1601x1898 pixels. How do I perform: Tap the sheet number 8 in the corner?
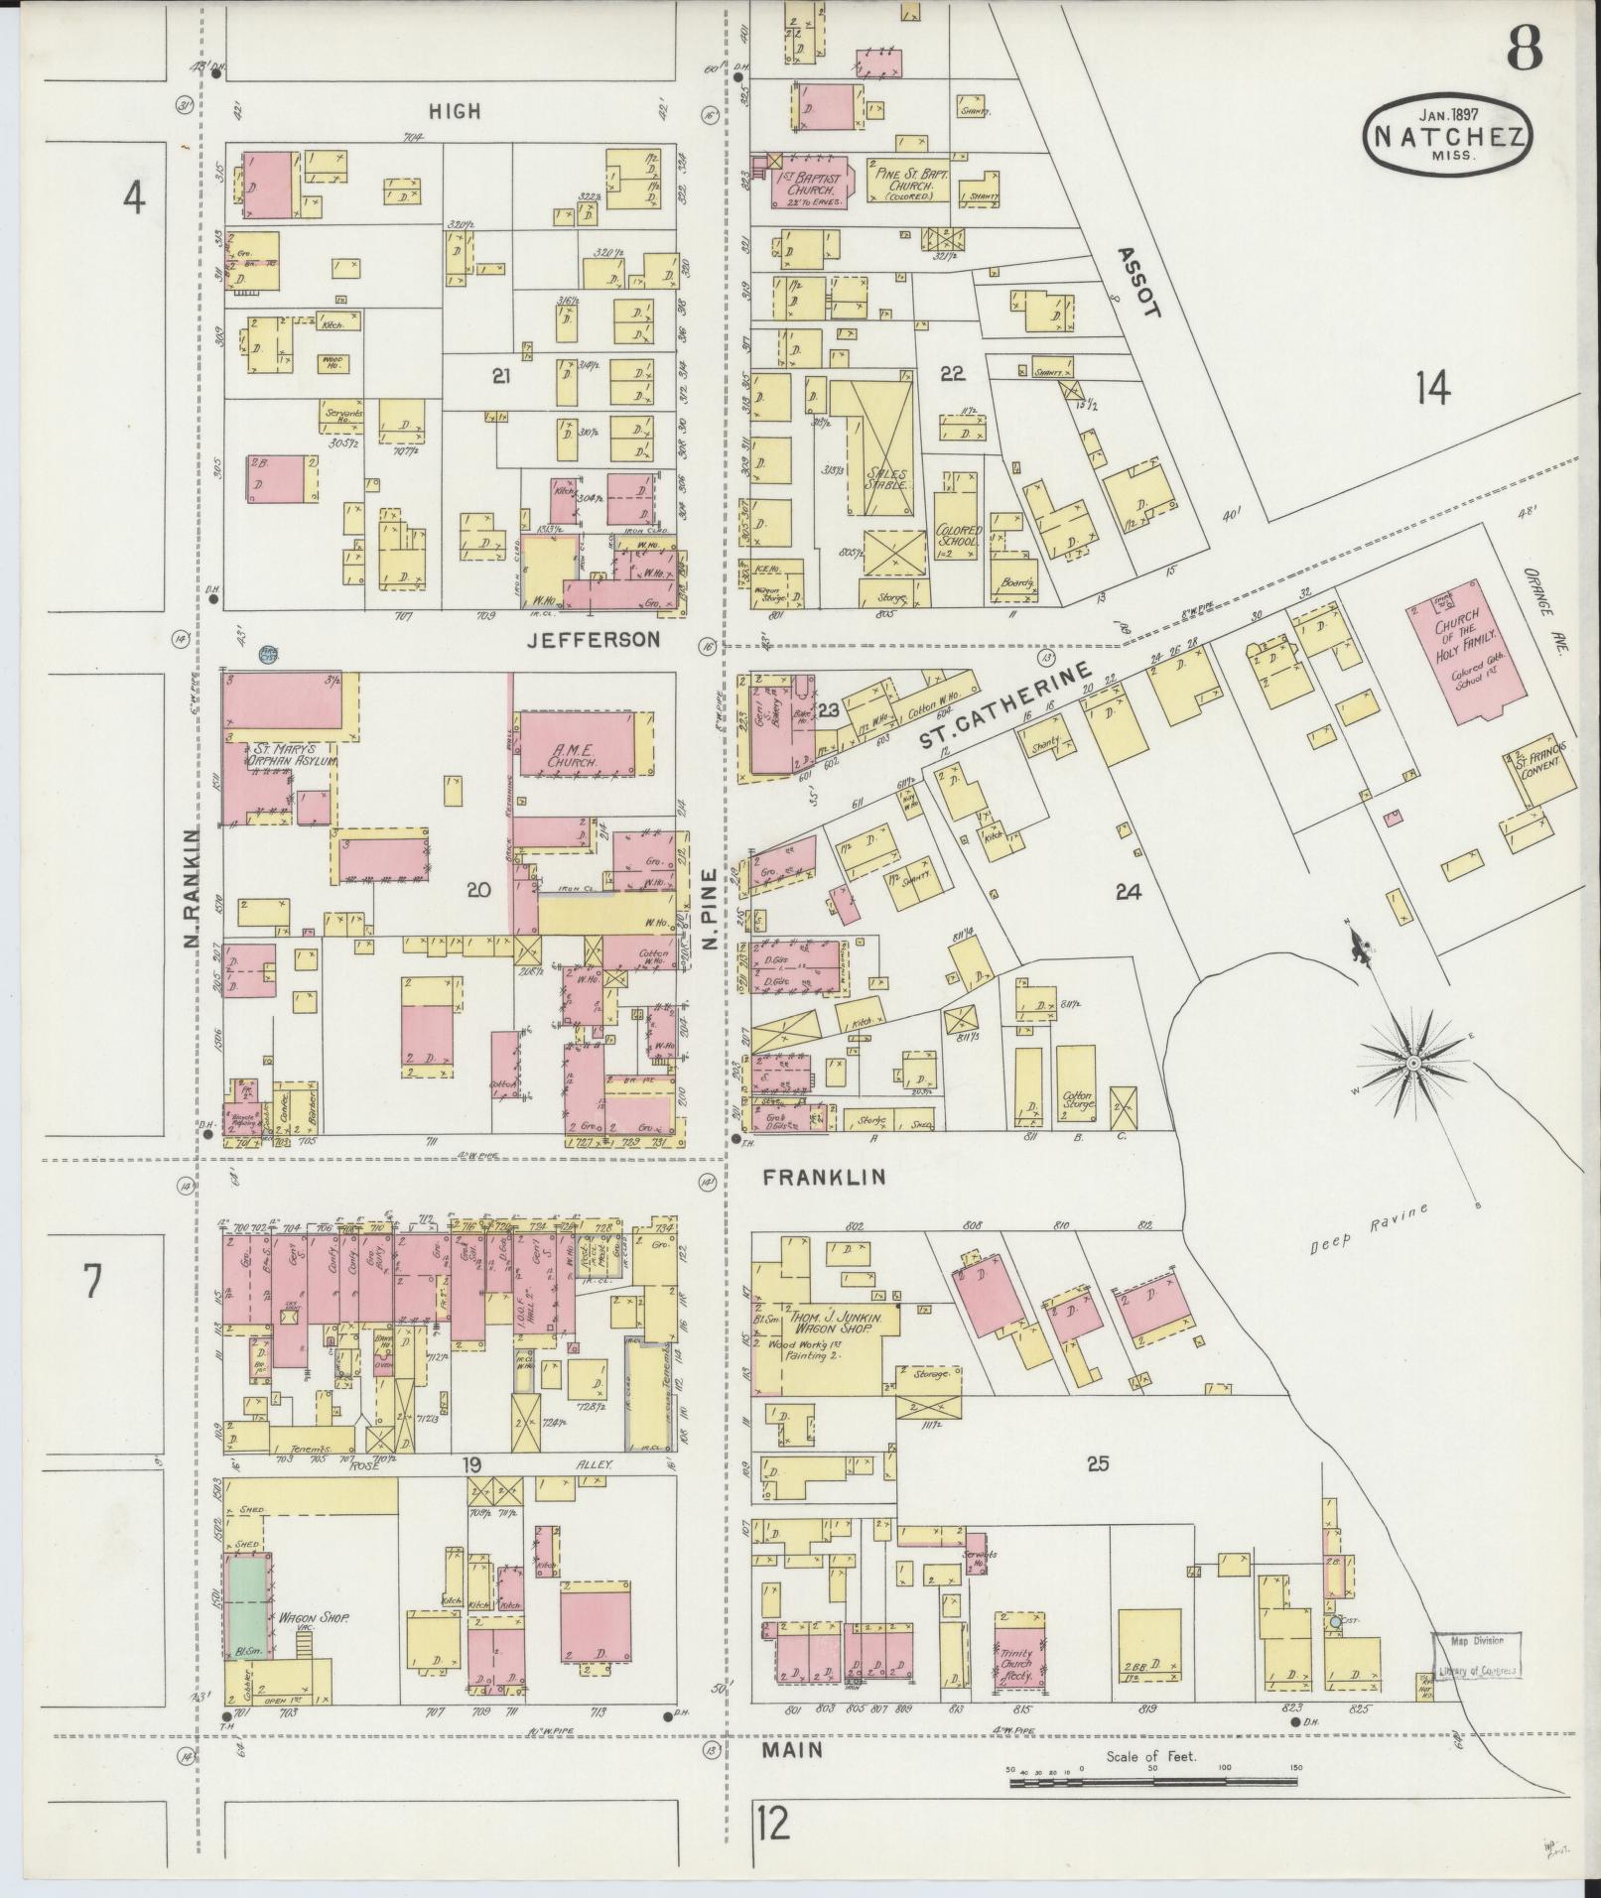(x=1524, y=48)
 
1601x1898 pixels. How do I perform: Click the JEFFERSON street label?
(x=593, y=640)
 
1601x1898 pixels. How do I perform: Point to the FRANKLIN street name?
(x=823, y=1178)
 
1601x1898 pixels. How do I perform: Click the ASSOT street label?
(x=1137, y=282)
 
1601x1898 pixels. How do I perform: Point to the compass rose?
(x=1410, y=1063)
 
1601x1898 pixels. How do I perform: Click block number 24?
(x=1128, y=891)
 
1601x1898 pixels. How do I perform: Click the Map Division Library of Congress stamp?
(x=1475, y=1656)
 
